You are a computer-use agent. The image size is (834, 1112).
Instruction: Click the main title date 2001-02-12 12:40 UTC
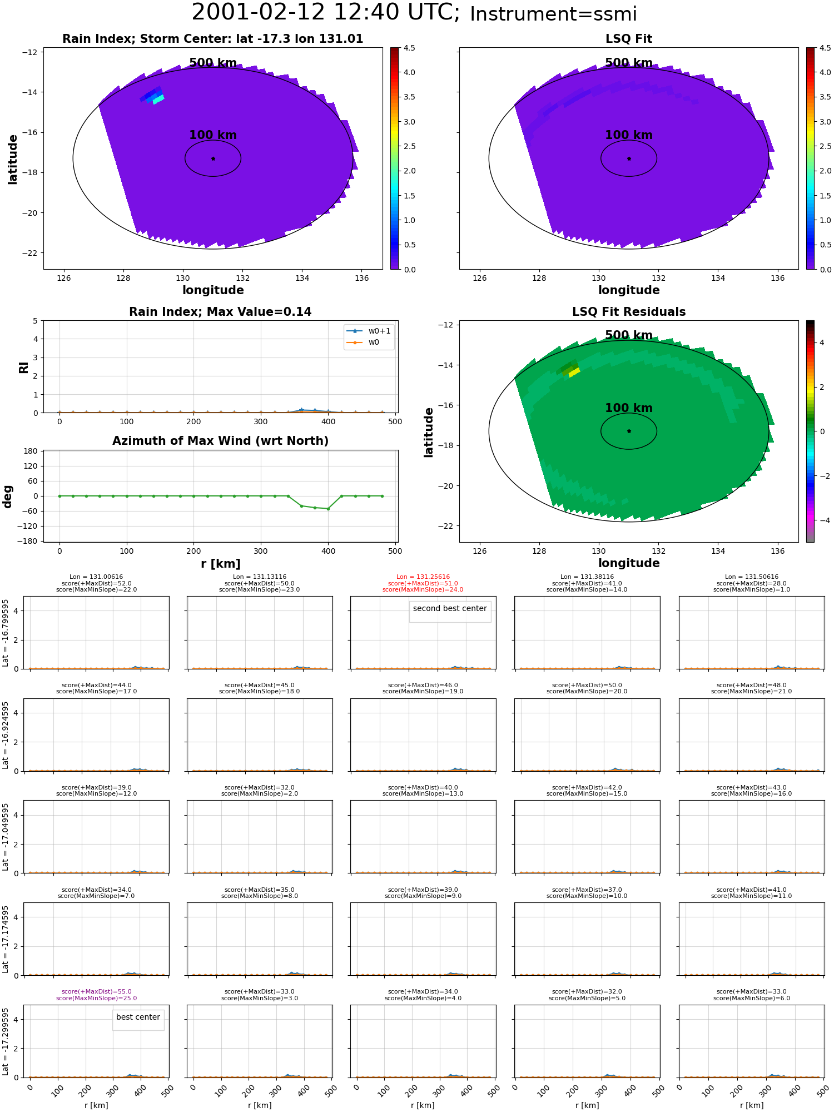pos(326,12)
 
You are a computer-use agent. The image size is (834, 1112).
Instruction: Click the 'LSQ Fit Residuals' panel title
pos(629,312)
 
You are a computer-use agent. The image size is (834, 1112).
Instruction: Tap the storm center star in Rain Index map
pos(213,158)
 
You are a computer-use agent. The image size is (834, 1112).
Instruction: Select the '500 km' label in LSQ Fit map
pos(629,63)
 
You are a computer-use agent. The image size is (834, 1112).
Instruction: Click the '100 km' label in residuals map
pos(629,408)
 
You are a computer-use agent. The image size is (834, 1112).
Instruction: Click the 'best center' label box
pos(138,1017)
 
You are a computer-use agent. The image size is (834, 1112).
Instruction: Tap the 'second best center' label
pos(450,609)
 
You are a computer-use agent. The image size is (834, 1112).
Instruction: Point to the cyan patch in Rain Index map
pos(158,100)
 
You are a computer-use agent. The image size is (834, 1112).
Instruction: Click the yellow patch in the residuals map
pos(574,372)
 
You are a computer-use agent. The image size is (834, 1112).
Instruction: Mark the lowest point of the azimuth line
pos(328,509)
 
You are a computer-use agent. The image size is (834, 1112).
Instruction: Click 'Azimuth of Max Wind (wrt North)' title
pos(220,441)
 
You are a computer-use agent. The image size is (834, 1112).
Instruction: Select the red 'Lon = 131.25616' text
pos(423,577)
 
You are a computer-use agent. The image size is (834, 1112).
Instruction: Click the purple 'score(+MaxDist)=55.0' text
pos(97,992)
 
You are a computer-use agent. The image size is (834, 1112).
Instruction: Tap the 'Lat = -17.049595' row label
pos(6,837)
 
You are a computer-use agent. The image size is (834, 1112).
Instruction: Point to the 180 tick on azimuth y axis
pos(31,451)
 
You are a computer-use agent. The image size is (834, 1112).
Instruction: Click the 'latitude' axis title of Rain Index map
pos(12,159)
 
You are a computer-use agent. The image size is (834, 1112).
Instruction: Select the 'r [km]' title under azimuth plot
pos(220,564)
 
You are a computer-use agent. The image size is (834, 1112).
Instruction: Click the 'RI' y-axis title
pos(23,368)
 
